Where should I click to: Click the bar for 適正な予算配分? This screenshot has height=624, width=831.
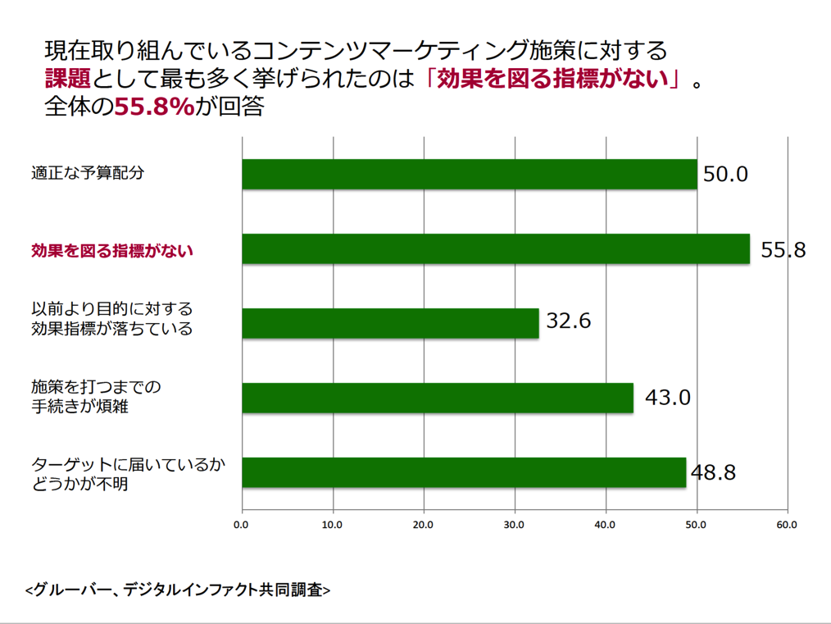[469, 174]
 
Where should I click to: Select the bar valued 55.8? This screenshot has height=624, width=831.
[495, 248]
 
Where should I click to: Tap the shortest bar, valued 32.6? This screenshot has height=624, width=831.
[390, 323]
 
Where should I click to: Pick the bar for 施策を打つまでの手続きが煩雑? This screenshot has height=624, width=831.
[438, 398]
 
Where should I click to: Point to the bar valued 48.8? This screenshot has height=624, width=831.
[464, 472]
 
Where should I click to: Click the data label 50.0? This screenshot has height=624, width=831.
[725, 174]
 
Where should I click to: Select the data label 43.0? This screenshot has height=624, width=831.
[668, 398]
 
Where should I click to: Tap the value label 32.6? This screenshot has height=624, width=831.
[568, 320]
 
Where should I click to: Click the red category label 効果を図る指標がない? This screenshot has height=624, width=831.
[111, 250]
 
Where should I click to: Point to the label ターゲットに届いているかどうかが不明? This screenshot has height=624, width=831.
[127, 474]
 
